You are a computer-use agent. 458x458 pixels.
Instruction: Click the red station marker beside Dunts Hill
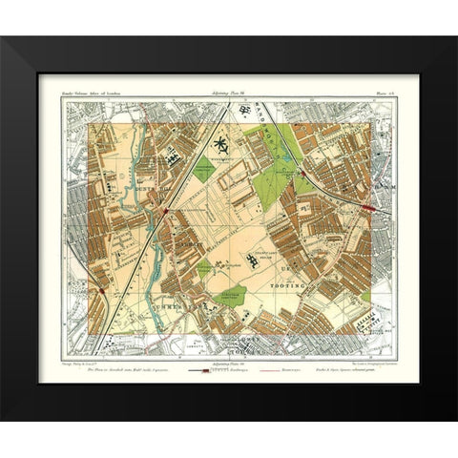(x=167, y=209)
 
